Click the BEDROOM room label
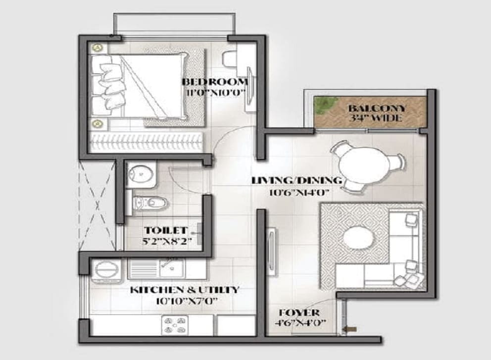point(215,82)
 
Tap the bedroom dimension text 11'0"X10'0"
point(215,93)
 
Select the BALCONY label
point(377,108)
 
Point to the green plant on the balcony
point(326,105)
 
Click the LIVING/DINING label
point(296,180)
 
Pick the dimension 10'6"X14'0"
point(299,192)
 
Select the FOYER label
point(299,312)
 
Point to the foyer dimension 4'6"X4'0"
point(300,322)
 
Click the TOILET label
point(166,231)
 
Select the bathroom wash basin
point(141,174)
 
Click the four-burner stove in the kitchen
point(175,325)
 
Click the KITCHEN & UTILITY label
point(185,290)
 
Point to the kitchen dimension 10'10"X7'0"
point(187,301)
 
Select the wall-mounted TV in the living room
point(271,253)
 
